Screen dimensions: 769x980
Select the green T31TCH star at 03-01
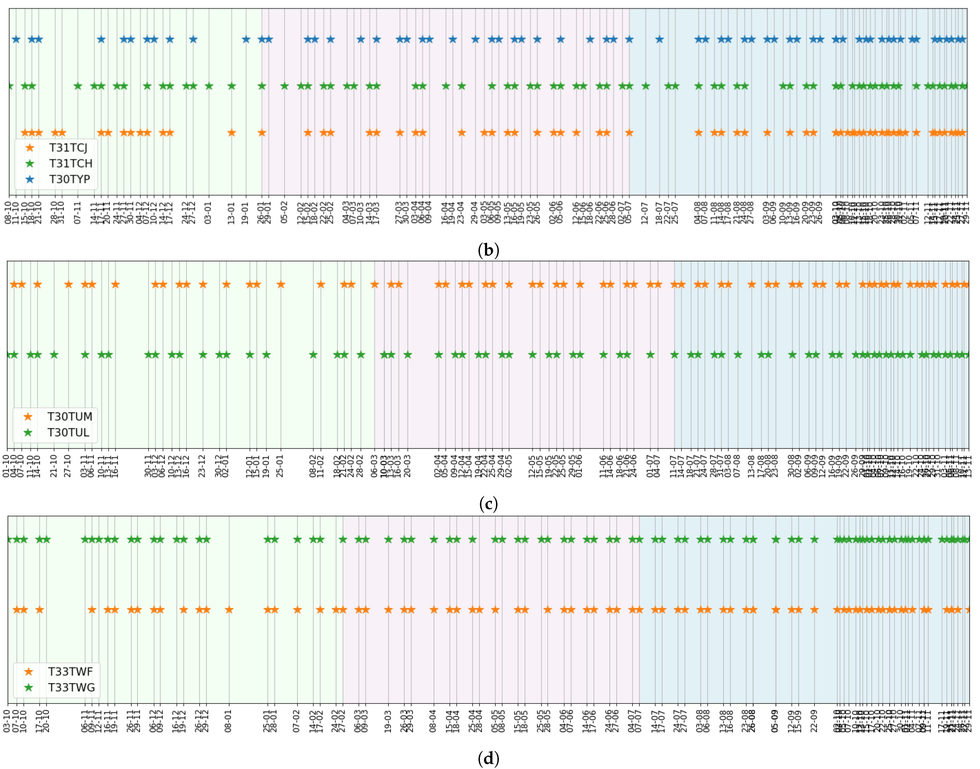pyautogui.click(x=208, y=86)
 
